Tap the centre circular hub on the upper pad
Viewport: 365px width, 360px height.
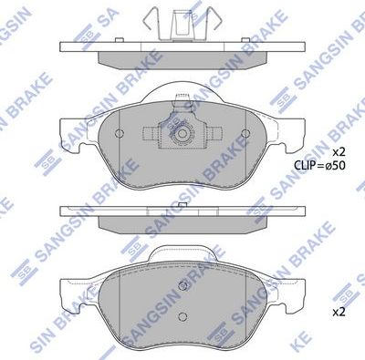[x=182, y=134]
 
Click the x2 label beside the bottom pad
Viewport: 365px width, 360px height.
[x=338, y=311]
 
